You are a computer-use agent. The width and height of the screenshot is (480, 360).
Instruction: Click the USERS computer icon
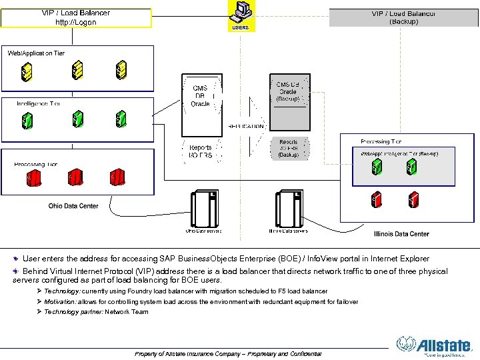[x=241, y=12]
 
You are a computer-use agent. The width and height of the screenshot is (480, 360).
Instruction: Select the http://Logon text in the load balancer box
[x=75, y=22]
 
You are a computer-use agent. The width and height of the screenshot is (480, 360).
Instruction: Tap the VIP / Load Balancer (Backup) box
[x=404, y=17]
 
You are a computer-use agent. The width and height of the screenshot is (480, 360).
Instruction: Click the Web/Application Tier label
[x=36, y=53]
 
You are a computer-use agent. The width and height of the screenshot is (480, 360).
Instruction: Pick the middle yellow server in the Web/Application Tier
[x=77, y=69]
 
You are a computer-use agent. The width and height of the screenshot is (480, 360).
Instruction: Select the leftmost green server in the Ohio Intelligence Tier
[x=27, y=120]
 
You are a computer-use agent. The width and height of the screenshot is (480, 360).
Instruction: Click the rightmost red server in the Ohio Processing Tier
[x=118, y=178]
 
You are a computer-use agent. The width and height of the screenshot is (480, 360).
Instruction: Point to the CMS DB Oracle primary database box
[x=200, y=96]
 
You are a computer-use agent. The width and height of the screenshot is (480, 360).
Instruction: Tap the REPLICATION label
[x=246, y=126]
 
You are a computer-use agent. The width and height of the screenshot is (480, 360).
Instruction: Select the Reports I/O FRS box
[x=201, y=151]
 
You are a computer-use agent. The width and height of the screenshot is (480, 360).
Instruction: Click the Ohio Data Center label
[x=73, y=206]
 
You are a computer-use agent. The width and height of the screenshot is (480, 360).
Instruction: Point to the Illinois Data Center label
[x=401, y=234]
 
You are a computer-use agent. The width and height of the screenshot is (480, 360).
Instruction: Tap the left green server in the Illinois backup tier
[x=377, y=167]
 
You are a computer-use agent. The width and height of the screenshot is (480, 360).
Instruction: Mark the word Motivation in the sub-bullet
[x=60, y=302]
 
